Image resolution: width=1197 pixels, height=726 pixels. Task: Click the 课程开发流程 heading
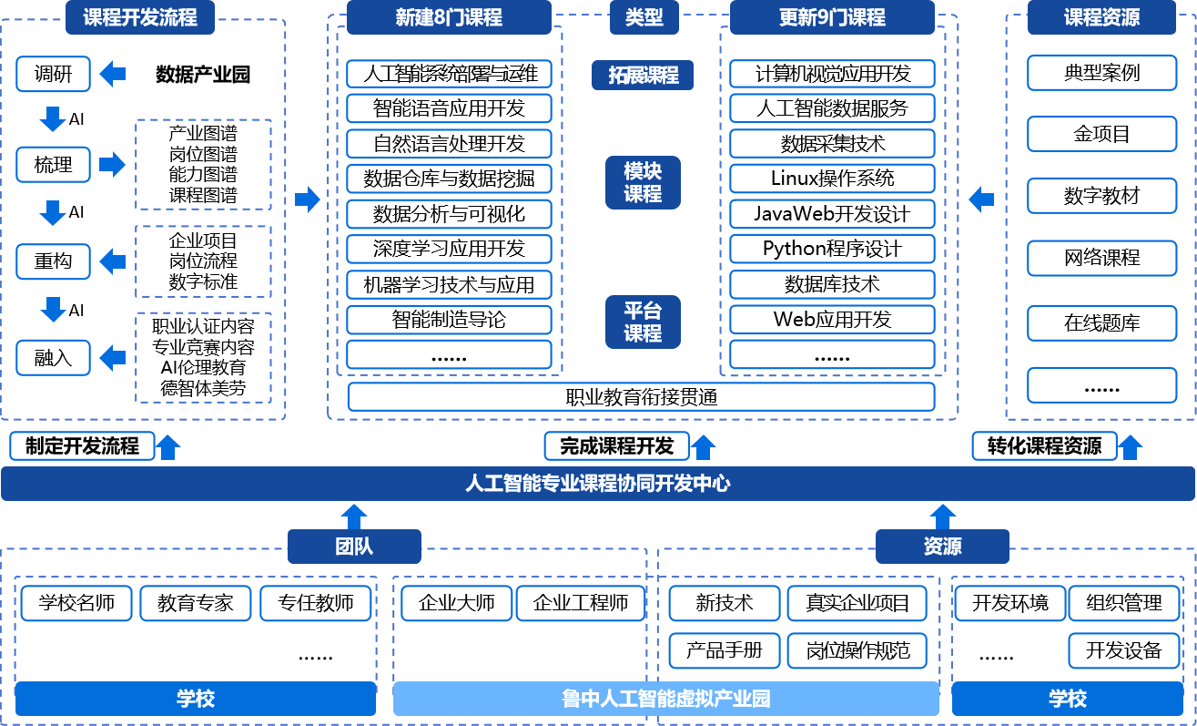click(x=139, y=17)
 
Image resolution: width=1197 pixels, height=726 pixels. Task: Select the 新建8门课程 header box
click(x=449, y=17)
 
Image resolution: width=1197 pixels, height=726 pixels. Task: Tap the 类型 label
click(x=644, y=17)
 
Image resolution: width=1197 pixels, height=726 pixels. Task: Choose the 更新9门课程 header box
click(x=832, y=17)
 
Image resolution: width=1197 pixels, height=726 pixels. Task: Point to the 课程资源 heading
click(x=1101, y=17)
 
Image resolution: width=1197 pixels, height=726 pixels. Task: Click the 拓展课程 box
click(x=643, y=76)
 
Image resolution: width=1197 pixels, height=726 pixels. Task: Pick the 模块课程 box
click(x=643, y=182)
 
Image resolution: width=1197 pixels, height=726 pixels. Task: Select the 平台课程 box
click(x=643, y=322)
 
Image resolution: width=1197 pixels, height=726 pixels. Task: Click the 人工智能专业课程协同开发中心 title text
click(x=597, y=484)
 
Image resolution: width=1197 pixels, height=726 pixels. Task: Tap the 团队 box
click(x=354, y=547)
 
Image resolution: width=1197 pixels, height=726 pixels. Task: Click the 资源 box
click(x=942, y=547)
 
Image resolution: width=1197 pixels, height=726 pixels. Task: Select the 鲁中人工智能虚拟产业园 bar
click(x=665, y=699)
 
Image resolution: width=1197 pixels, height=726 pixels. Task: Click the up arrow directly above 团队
click(x=354, y=516)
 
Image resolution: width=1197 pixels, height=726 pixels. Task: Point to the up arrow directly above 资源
click(x=942, y=516)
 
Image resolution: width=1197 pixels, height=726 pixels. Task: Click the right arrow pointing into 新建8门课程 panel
click(x=308, y=199)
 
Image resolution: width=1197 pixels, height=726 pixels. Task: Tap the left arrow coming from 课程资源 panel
click(x=981, y=199)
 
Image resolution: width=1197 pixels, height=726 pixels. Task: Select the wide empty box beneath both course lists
click(x=641, y=396)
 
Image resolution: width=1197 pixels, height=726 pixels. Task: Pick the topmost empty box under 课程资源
click(x=1101, y=73)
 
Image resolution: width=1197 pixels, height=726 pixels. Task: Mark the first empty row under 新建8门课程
click(x=449, y=74)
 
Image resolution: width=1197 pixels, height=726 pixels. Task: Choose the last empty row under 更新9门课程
click(x=832, y=354)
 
